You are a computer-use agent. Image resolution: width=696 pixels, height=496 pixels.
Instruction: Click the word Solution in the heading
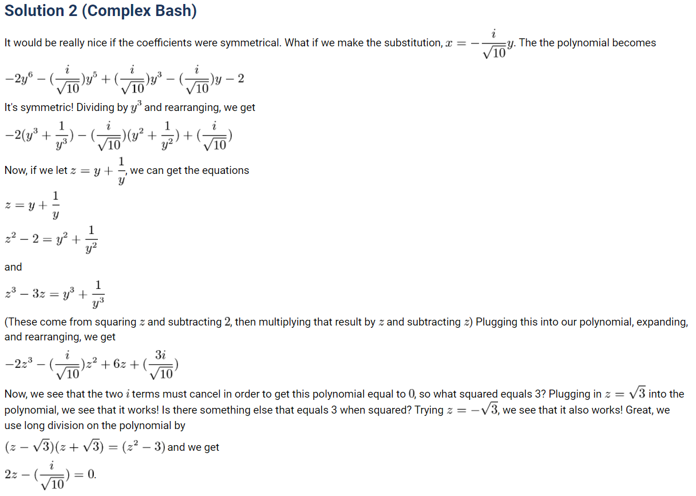34,11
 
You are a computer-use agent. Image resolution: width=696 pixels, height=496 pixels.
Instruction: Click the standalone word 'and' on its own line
13,267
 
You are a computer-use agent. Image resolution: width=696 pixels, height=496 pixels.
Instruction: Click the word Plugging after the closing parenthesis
497,322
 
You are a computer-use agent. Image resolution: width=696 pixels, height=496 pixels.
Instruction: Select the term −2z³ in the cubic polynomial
18,364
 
